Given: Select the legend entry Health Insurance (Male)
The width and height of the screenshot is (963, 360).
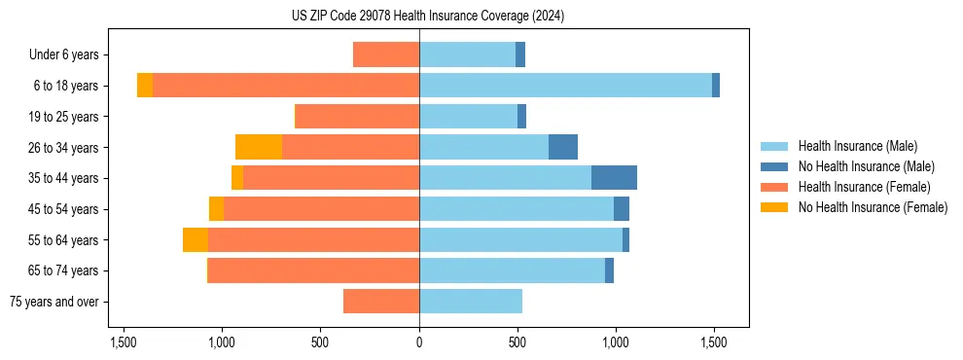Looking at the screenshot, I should [x=857, y=146].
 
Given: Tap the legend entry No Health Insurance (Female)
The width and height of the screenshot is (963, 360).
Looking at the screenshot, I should [x=873, y=207].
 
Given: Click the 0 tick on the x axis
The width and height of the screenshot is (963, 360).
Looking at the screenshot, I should [x=419, y=342].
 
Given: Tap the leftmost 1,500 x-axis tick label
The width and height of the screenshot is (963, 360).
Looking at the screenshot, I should [x=124, y=342].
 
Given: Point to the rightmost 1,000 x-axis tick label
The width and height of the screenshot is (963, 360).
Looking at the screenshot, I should [x=616, y=342].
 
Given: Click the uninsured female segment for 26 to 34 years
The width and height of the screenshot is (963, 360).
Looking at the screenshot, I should [x=259, y=147].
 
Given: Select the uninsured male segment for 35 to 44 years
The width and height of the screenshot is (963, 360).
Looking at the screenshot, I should [x=614, y=178].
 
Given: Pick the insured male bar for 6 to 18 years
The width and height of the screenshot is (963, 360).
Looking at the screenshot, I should [x=565, y=86].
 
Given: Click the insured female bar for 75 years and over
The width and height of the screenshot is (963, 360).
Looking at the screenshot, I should [x=381, y=302].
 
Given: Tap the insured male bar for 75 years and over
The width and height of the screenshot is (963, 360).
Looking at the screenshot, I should [x=471, y=302].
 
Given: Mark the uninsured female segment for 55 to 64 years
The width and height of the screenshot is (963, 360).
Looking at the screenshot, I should [x=196, y=239].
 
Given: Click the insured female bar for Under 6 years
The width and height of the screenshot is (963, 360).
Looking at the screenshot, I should [x=386, y=54].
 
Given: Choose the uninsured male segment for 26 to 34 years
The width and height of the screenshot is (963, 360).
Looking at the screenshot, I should [x=563, y=147].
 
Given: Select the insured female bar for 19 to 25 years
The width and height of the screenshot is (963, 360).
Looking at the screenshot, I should [x=358, y=117].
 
